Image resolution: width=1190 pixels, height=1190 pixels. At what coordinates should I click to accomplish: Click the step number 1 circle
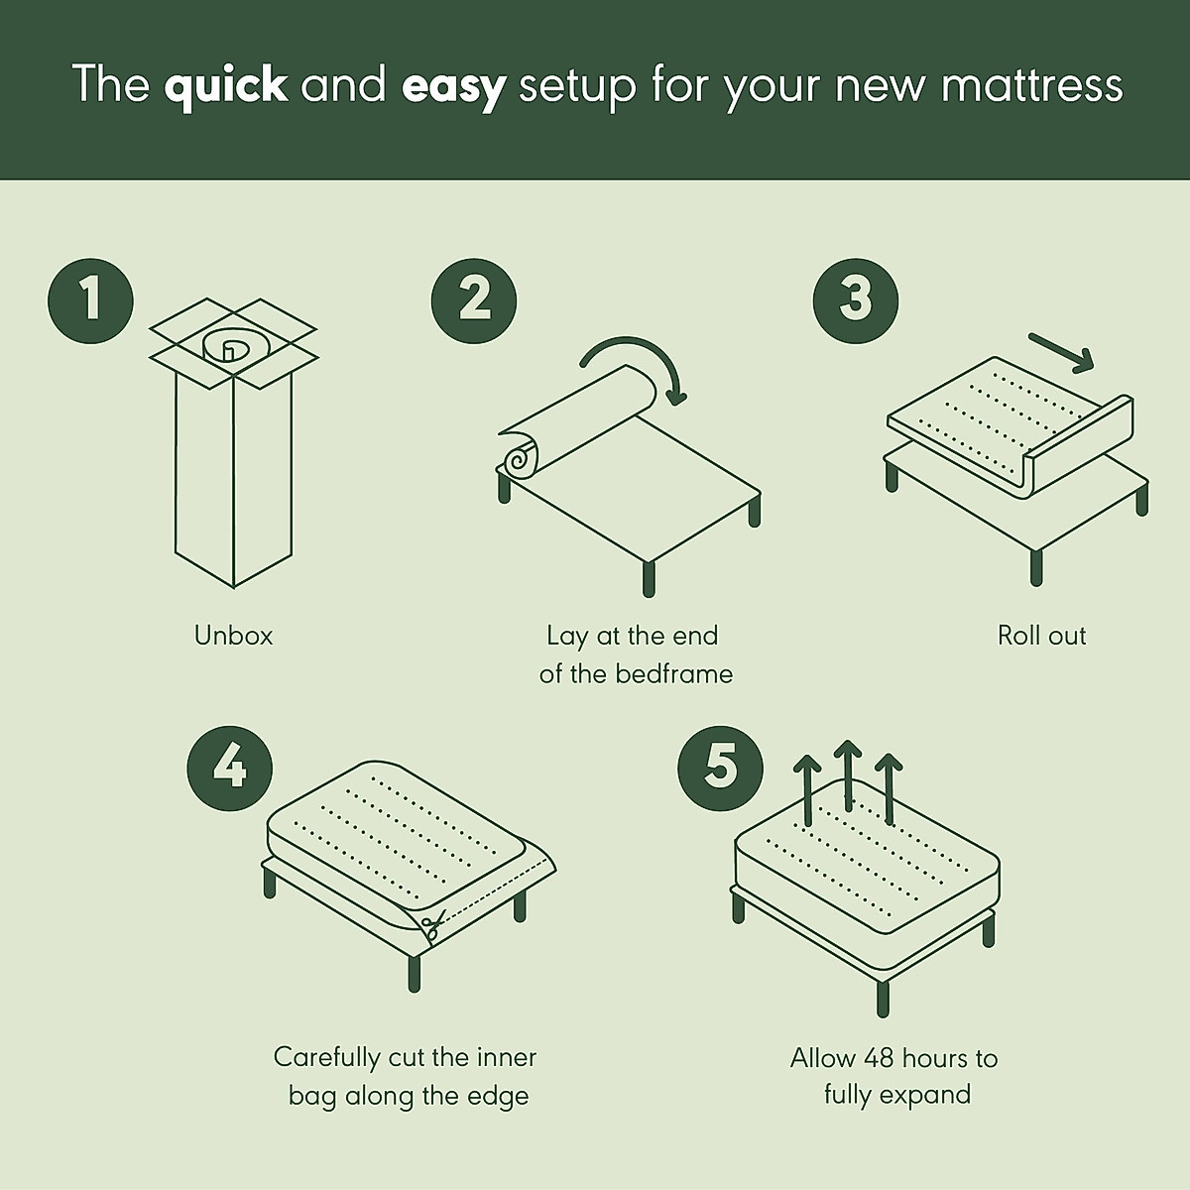click(90, 298)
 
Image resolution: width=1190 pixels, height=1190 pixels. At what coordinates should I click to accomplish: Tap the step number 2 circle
click(474, 298)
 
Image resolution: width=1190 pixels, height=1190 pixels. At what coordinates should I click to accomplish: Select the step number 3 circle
click(855, 298)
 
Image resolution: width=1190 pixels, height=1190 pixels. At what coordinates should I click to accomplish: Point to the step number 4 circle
click(230, 767)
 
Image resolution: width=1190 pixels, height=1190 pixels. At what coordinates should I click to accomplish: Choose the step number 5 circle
click(721, 767)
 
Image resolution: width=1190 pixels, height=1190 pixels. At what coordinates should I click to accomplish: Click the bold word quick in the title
click(226, 85)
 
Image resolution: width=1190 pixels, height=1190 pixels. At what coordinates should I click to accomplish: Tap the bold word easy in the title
click(454, 85)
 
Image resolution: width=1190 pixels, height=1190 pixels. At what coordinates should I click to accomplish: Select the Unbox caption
click(233, 635)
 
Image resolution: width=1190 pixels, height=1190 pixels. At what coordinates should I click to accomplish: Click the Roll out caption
click(1041, 635)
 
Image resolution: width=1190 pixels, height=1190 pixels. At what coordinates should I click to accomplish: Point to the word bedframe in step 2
click(674, 674)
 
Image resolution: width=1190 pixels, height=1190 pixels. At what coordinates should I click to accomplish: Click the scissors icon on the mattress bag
click(431, 927)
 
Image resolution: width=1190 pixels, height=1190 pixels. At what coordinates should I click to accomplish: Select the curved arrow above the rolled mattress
click(635, 362)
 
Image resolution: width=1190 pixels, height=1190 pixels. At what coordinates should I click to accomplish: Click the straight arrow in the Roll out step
click(1061, 352)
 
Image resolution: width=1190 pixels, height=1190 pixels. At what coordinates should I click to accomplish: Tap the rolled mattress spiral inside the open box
click(229, 348)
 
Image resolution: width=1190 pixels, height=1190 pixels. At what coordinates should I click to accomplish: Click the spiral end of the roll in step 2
click(517, 460)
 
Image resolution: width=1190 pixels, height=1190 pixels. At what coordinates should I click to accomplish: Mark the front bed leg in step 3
click(1036, 565)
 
